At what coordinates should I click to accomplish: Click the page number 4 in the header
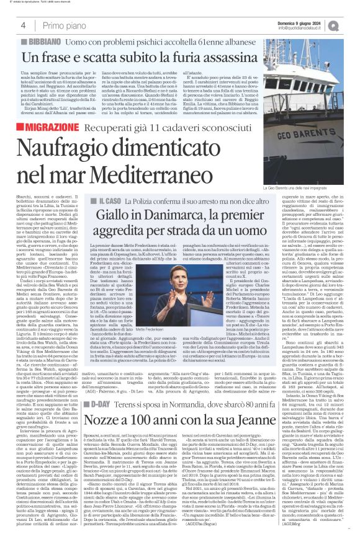pyautogui.click(x=22, y=25)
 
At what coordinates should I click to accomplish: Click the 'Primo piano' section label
pyautogui.click(x=63, y=25)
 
